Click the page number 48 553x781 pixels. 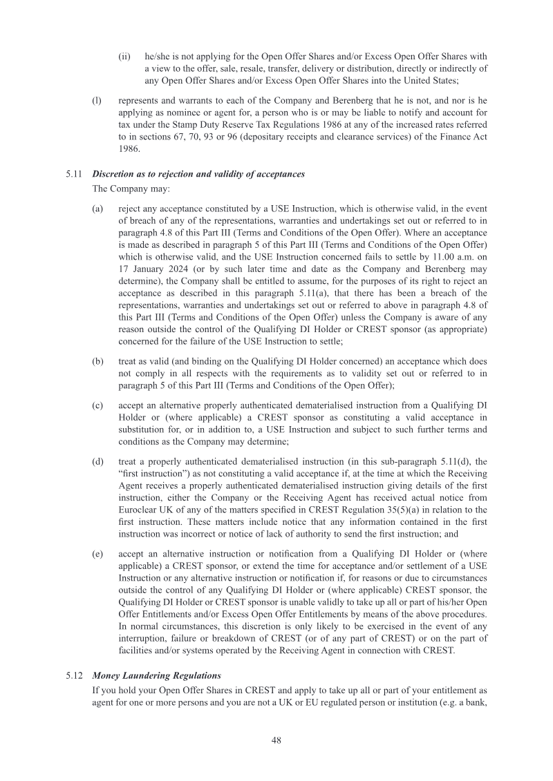pos(276,740)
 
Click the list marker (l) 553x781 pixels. pos(97,99)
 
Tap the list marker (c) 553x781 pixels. pos(97,405)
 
